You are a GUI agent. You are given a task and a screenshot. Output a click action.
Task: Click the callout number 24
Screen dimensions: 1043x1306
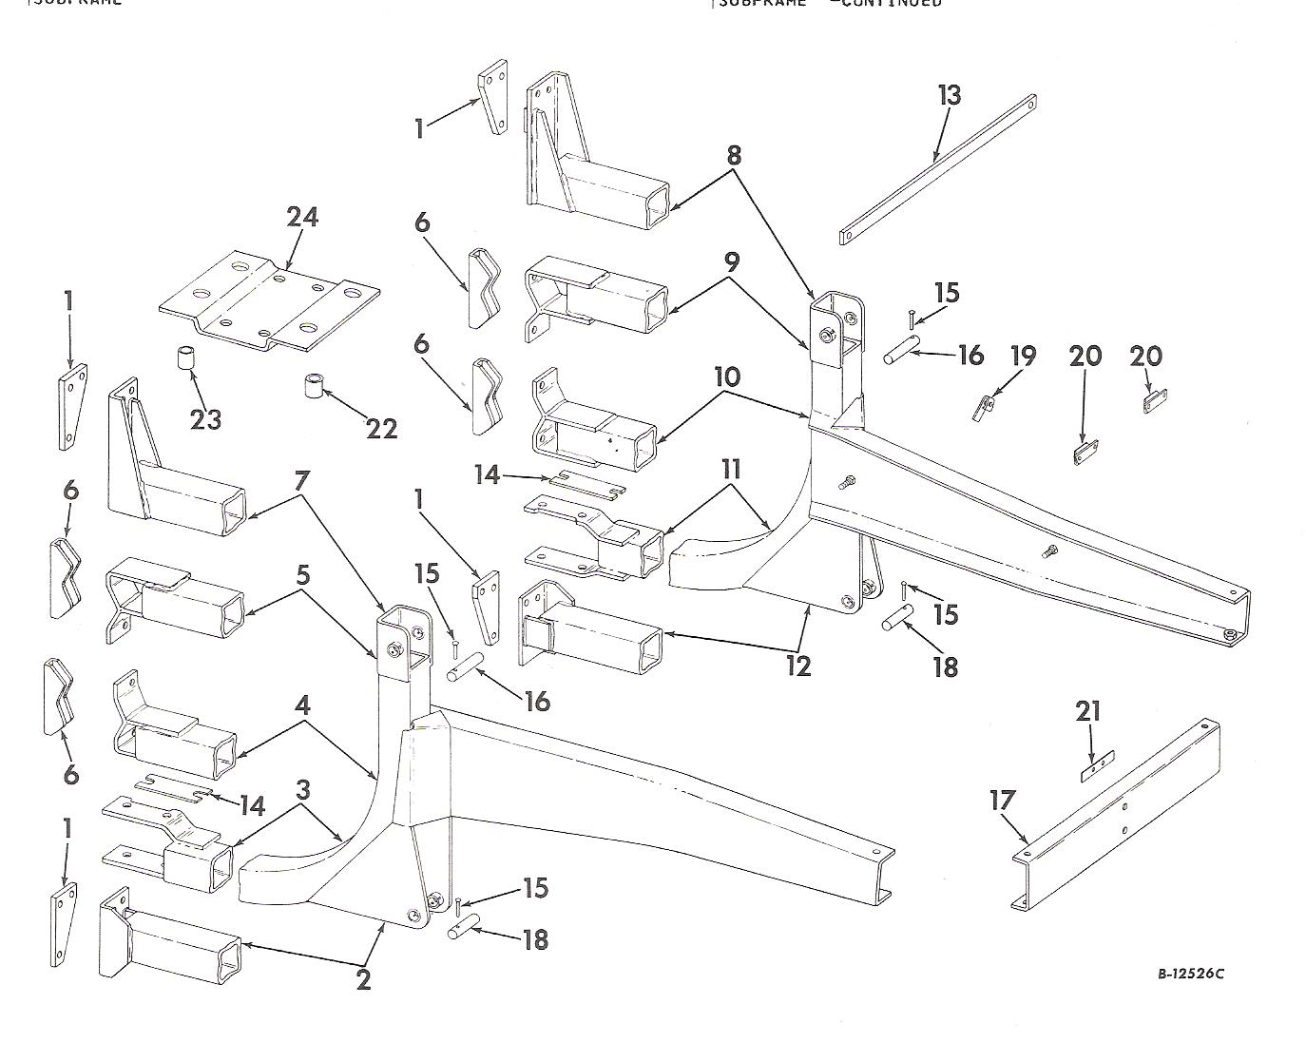click(x=302, y=218)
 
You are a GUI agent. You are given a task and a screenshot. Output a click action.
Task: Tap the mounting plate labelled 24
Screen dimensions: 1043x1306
click(x=268, y=301)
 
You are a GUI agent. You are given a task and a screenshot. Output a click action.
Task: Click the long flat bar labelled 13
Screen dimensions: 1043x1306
click(x=937, y=169)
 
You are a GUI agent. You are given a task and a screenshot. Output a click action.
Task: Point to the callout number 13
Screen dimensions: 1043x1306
click(x=949, y=96)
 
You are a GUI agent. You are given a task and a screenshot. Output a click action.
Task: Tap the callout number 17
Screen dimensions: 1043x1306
click(x=1002, y=801)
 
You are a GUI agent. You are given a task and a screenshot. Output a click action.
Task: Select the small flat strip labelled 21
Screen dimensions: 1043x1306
click(x=1096, y=768)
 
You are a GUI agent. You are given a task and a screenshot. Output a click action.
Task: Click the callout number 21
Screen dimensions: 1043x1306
click(x=1088, y=711)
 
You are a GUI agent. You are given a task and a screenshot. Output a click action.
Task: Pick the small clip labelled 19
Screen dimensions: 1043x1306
click(x=984, y=407)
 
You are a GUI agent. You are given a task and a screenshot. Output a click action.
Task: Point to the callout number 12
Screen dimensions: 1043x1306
click(x=798, y=666)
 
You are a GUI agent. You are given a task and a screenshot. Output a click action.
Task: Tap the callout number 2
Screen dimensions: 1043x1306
click(x=363, y=980)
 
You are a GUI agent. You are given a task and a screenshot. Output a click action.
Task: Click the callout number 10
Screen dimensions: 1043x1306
click(x=726, y=377)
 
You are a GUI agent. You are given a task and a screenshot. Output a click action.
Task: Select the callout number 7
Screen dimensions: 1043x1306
click(x=301, y=481)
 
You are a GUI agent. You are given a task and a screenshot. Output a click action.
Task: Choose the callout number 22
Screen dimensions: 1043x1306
click(x=381, y=429)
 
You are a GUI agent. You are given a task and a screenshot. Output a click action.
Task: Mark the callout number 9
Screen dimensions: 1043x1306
click(x=731, y=261)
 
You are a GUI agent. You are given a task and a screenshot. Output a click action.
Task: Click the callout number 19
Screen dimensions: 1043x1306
click(x=1022, y=357)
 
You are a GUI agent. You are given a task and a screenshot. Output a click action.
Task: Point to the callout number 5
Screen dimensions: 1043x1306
click(x=302, y=575)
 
